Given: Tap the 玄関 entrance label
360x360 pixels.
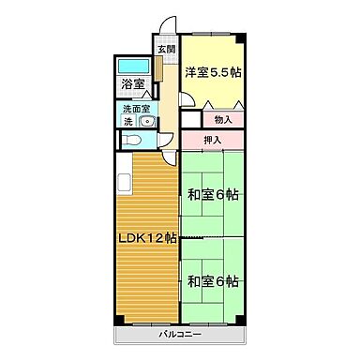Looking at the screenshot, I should pyautogui.click(x=165, y=50).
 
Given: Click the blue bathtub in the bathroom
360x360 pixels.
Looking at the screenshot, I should pyautogui.click(x=132, y=67).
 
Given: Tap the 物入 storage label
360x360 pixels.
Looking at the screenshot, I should pyautogui.click(x=223, y=120).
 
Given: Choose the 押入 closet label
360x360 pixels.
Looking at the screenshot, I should pyautogui.click(x=213, y=141).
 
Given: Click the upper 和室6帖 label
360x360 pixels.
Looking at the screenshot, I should pyautogui.click(x=211, y=196).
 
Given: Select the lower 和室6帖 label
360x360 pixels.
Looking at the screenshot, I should pyautogui.click(x=211, y=281).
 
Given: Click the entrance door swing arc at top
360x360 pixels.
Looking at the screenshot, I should pyautogui.click(x=165, y=25).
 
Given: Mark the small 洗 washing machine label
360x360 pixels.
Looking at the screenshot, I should pyautogui.click(x=127, y=122).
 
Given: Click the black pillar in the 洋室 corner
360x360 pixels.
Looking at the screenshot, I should pyautogui.click(x=241, y=38).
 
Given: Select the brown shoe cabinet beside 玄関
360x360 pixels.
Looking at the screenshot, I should pyautogui.click(x=160, y=71).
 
